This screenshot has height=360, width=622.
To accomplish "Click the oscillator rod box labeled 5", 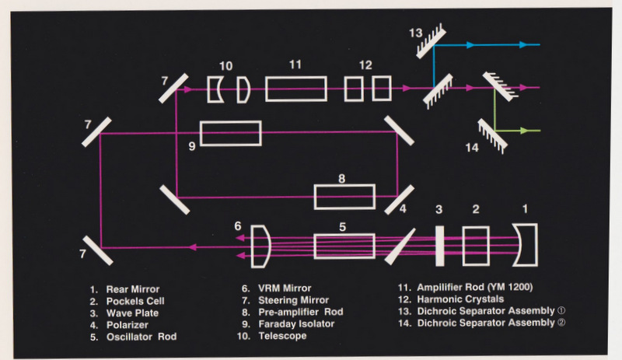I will point(344,248).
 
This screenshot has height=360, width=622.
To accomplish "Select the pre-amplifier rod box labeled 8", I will point(344,197).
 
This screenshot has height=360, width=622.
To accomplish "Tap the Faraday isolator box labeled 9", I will point(230,134).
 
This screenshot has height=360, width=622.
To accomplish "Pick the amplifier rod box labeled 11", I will point(295,89).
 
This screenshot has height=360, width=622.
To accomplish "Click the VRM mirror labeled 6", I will point(262,246).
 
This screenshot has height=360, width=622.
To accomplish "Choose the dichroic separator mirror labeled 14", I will point(490,132).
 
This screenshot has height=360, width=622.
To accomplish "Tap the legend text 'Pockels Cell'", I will point(132,299).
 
